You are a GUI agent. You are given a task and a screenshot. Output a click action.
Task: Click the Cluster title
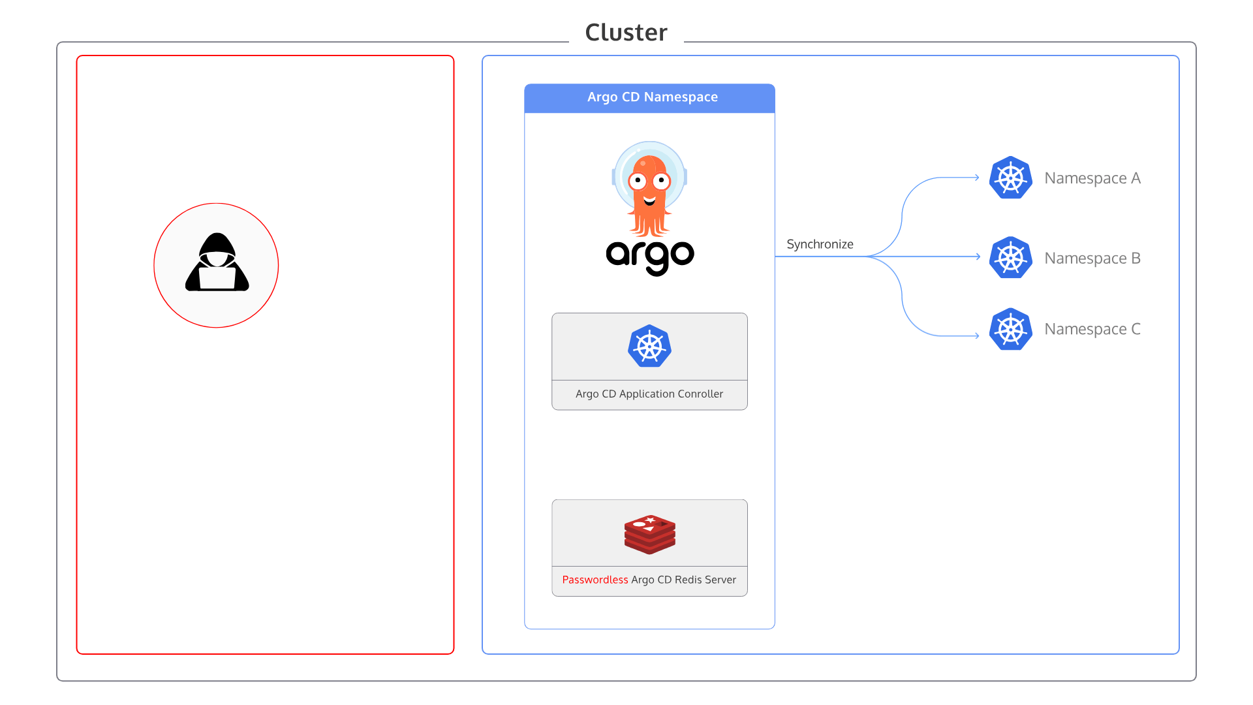(626, 33)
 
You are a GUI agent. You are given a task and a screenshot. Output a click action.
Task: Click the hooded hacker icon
(217, 262)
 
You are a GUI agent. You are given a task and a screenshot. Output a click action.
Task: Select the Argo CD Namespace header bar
(649, 98)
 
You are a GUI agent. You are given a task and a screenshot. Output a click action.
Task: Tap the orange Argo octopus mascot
(649, 189)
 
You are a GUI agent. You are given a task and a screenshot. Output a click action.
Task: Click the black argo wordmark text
(650, 257)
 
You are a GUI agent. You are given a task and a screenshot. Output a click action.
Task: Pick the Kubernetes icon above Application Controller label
(649, 346)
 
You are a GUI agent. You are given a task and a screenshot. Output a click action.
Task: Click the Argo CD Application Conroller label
(649, 394)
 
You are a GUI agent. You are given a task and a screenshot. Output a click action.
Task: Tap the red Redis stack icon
(649, 534)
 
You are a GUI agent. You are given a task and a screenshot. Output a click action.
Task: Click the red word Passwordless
(595, 580)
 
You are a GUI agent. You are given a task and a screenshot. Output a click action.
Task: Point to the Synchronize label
(820, 244)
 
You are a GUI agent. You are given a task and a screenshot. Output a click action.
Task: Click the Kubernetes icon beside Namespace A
(1010, 178)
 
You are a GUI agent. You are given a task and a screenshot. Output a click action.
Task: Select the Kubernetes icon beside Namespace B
(1010, 258)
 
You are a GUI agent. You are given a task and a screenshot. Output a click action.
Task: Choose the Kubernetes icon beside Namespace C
(1010, 329)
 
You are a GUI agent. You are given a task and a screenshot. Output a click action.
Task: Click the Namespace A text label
(1092, 178)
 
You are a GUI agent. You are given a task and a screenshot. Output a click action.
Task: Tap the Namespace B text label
(1092, 258)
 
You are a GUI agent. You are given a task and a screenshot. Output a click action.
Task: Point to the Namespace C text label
(1092, 329)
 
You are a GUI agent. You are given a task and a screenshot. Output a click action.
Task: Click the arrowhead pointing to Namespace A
(977, 177)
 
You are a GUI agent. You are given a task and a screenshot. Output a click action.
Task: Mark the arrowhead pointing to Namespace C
(977, 336)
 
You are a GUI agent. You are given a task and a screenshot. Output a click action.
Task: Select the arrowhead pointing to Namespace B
(978, 257)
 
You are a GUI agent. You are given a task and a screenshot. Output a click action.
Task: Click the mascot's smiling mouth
(649, 201)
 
